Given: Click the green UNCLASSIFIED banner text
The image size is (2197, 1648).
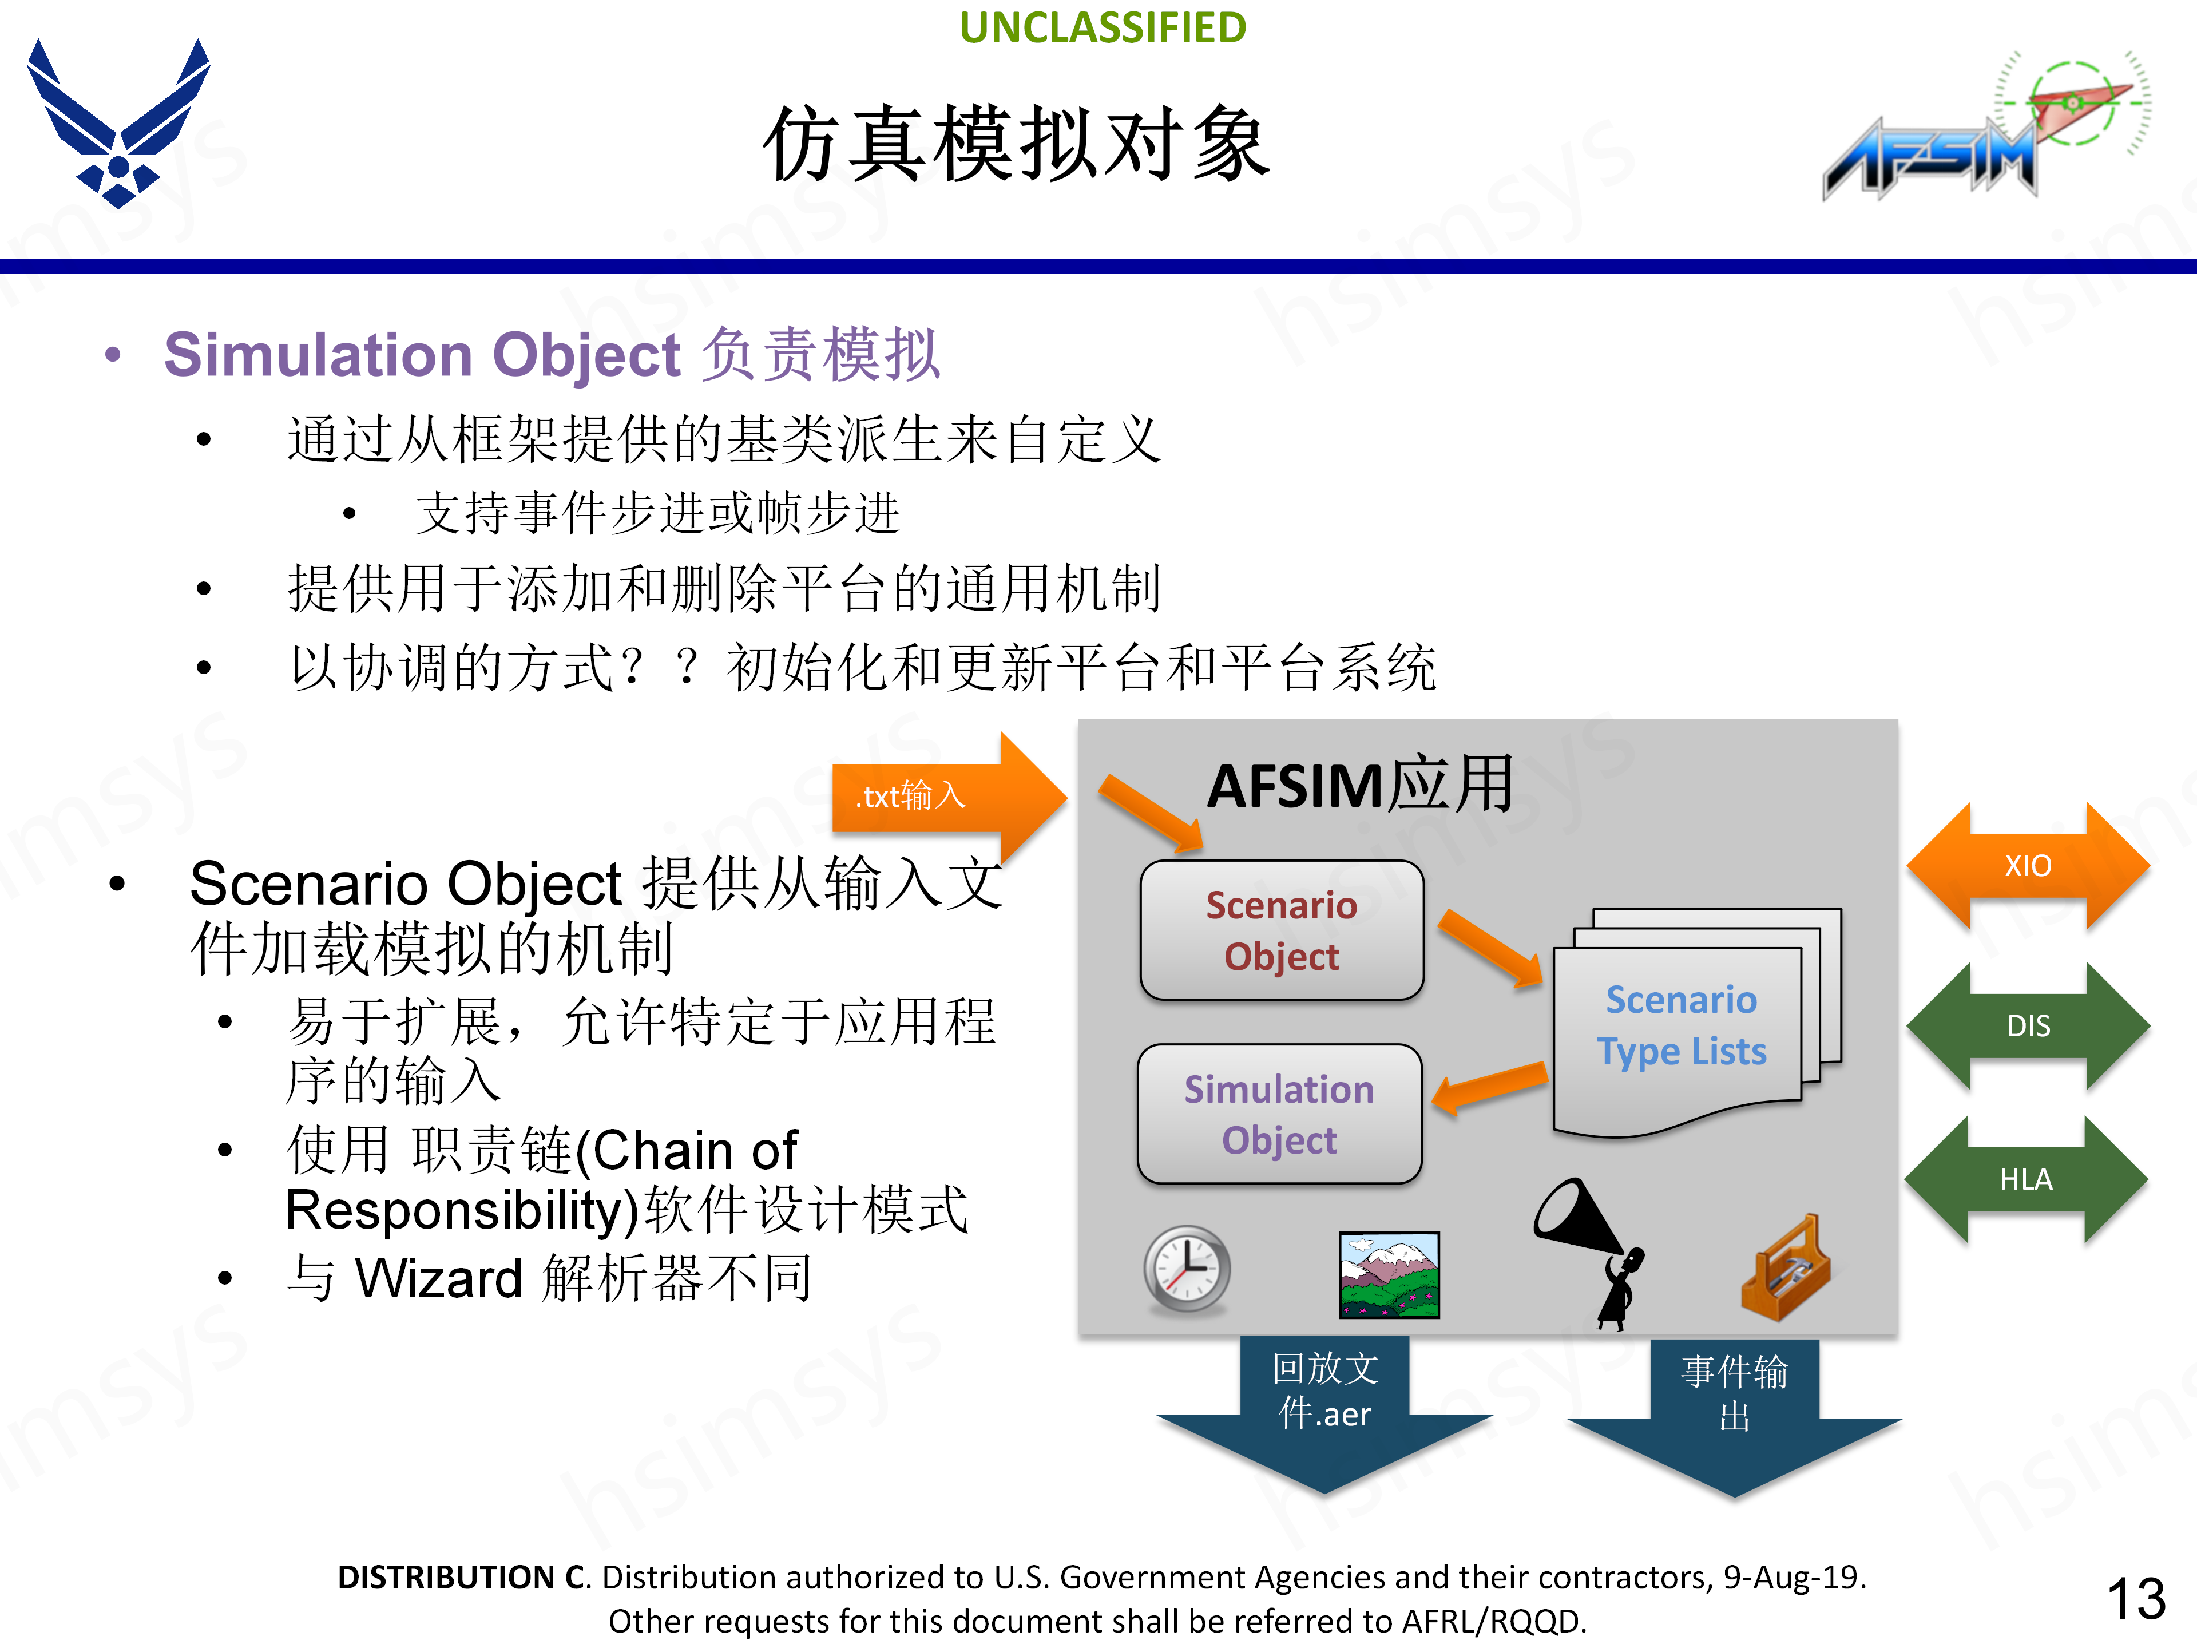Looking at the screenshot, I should click(1103, 28).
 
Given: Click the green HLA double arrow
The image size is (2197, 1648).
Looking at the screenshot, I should click(2025, 1180).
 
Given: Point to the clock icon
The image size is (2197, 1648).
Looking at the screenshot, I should click(1187, 1270).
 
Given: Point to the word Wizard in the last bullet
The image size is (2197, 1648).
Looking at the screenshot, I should click(439, 1278).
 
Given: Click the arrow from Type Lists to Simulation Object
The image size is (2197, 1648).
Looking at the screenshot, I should click(1490, 1088).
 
